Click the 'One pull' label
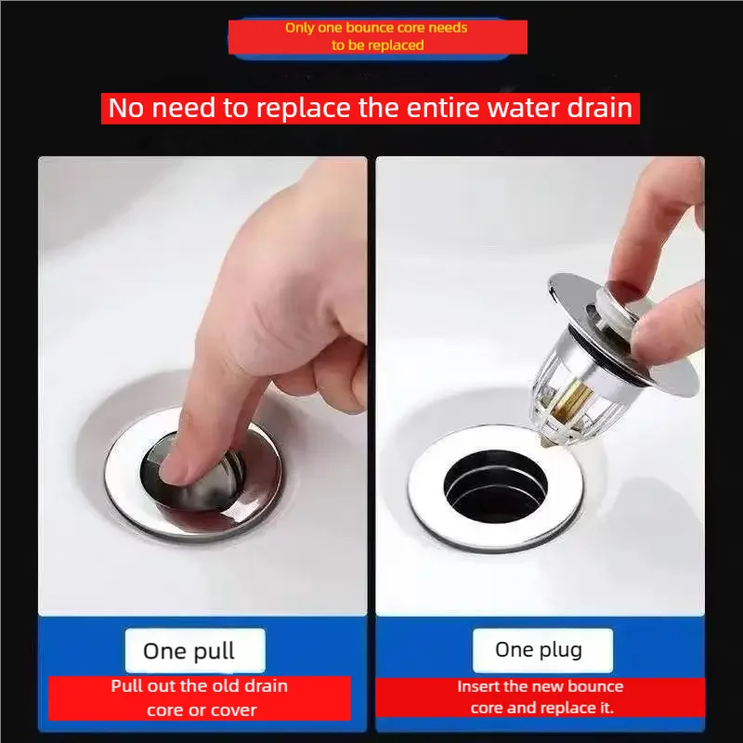click(189, 651)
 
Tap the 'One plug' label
click(539, 649)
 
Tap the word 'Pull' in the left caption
click(126, 686)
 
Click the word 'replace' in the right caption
click(566, 708)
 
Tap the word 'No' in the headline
click(128, 108)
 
